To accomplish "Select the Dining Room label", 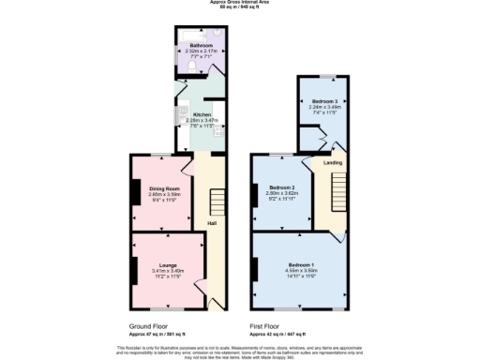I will pyautogui.click(x=163, y=189).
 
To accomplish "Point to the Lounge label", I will pyautogui.click(x=168, y=265).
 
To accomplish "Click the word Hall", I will pyautogui.click(x=212, y=222).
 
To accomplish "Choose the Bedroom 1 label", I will pyautogui.click(x=301, y=266).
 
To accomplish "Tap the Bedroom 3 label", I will pyautogui.click(x=324, y=100).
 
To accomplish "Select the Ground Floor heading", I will pyautogui.click(x=150, y=326).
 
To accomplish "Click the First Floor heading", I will pyautogui.click(x=268, y=326).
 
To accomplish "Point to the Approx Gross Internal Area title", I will pyautogui.click(x=240, y=3).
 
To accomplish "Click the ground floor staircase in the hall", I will pyautogui.click(x=217, y=200).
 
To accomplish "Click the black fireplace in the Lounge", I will pyautogui.click(x=134, y=269).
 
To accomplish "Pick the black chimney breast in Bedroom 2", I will pyautogui.click(x=255, y=195).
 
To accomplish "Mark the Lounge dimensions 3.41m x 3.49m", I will pyautogui.click(x=168, y=272).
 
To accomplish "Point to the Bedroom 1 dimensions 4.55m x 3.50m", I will pyautogui.click(x=301, y=273).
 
